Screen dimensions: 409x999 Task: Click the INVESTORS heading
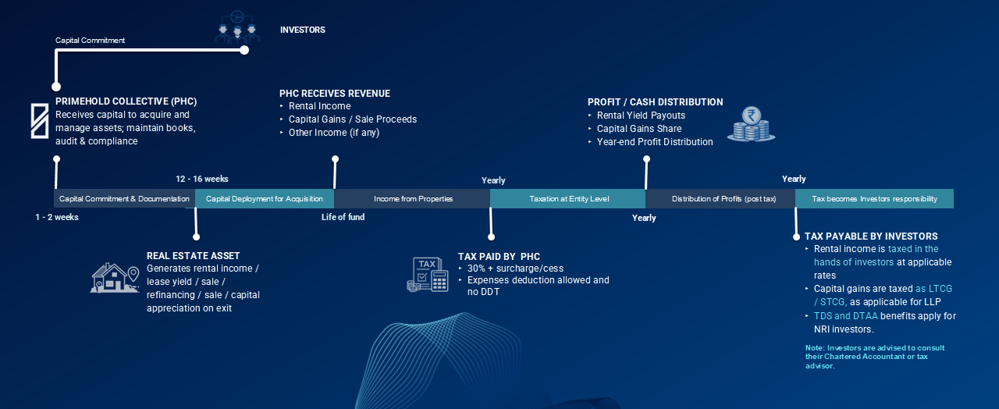[302, 30]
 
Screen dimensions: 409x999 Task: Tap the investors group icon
[236, 27]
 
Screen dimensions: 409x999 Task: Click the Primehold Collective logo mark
[39, 120]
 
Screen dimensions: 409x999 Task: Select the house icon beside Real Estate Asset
[115, 279]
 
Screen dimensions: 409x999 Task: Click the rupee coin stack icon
[751, 125]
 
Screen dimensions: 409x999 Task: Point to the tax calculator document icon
[428, 274]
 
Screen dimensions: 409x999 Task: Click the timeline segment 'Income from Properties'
[413, 199]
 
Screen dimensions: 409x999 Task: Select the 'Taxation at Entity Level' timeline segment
[568, 199]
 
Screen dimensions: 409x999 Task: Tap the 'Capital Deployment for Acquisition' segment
[265, 199]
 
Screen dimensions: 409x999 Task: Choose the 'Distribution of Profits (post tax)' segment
[723, 199]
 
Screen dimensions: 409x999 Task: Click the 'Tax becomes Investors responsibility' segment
[874, 199]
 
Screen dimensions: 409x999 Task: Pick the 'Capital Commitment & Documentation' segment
[124, 199]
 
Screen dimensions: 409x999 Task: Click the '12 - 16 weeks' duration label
[202, 180]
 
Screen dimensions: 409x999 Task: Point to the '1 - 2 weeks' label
[57, 217]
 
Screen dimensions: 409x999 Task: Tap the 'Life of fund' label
[343, 217]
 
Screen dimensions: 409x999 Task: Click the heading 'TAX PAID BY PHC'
[499, 257]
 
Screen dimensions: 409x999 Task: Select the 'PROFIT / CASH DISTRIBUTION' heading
[655, 102]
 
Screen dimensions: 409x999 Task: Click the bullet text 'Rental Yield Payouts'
[641, 116]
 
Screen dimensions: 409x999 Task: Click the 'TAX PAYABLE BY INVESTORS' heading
[871, 237]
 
